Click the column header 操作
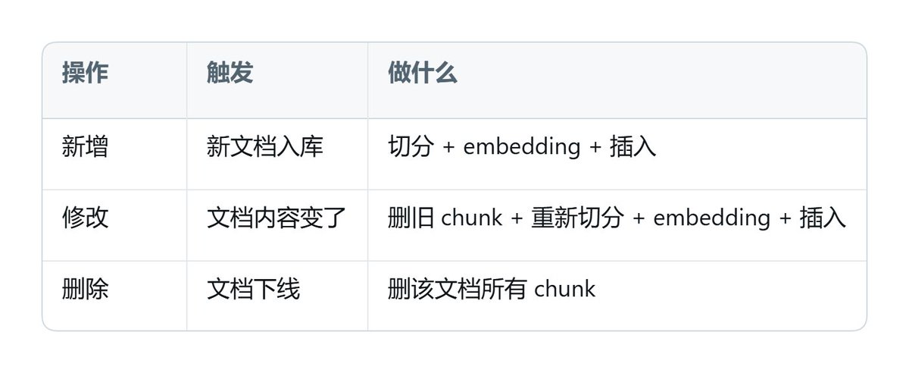point(85,73)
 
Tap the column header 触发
point(230,73)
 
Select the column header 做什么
point(423,73)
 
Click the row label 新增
point(85,146)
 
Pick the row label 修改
point(85,218)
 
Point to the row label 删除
point(85,289)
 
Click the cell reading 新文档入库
point(265,146)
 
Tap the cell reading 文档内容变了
point(276,218)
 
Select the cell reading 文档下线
point(254,289)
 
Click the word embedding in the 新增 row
point(522,146)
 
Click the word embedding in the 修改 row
point(712,218)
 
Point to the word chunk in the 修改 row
point(471,218)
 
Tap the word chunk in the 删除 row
point(565,289)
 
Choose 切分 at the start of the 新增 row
point(411,146)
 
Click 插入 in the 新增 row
point(633,146)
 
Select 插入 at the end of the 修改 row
point(823,218)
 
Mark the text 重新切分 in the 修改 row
point(578,218)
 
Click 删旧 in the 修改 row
point(411,218)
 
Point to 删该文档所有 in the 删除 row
point(458,289)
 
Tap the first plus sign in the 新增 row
point(448,147)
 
